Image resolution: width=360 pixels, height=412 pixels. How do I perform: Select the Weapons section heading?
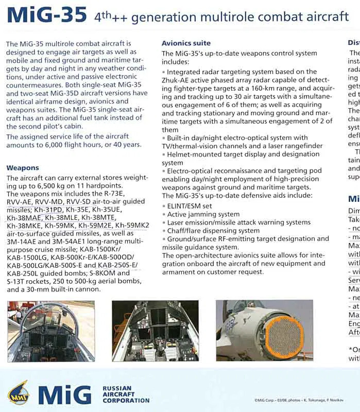click(23, 168)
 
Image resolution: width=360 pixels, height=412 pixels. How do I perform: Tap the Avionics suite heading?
click(186, 43)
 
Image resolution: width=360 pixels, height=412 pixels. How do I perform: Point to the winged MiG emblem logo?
click(19, 393)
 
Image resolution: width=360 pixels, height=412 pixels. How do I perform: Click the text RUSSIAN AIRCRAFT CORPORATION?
click(126, 394)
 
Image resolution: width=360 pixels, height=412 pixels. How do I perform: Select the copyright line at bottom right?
click(300, 400)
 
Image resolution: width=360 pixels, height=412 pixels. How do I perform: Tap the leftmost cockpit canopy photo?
click(51, 331)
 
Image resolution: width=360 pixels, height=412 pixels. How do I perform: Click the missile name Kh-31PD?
click(49, 210)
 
